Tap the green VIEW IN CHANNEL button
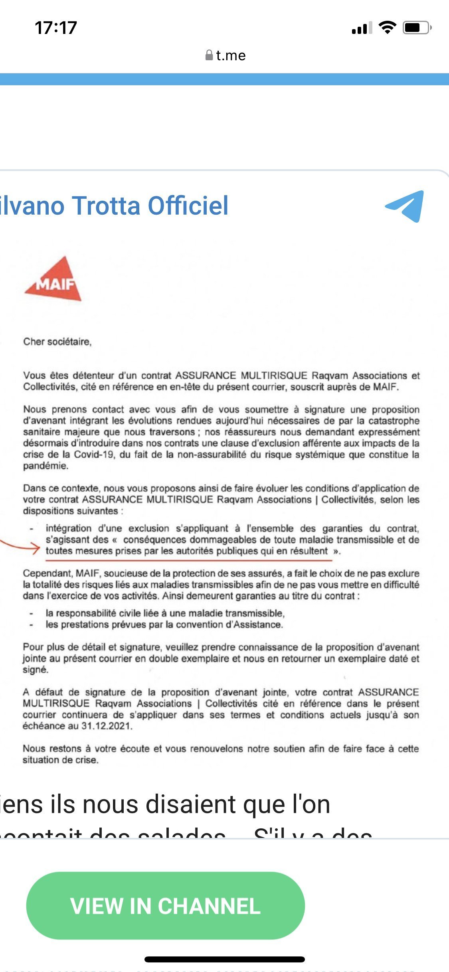point(165,905)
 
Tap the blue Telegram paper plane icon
point(405,206)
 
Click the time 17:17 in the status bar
point(56,28)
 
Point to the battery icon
point(416,28)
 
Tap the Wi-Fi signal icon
point(387,28)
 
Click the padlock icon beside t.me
point(209,55)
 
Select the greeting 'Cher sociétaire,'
point(57,342)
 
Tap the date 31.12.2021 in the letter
point(107,726)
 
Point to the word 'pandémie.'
point(45,466)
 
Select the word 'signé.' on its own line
point(36,670)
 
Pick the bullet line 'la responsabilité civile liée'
point(165,613)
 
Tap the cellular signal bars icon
point(362,28)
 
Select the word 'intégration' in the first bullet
point(69,528)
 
